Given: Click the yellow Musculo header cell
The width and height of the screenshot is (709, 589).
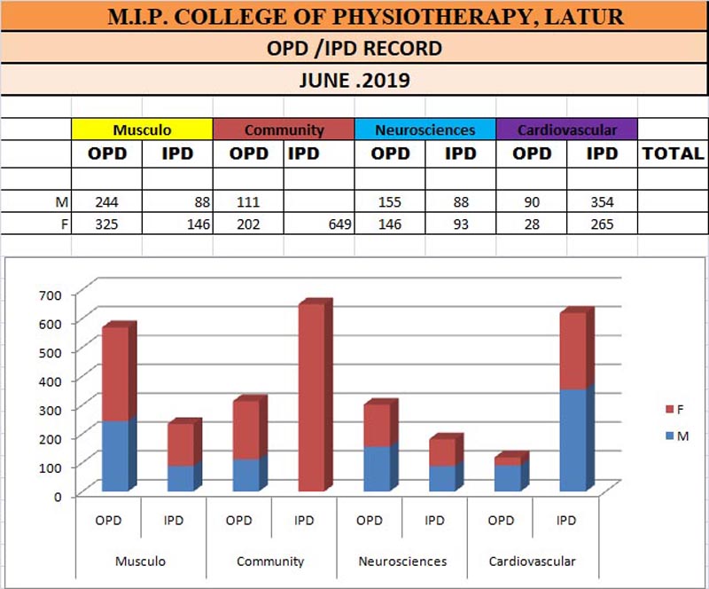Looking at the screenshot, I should (x=142, y=130).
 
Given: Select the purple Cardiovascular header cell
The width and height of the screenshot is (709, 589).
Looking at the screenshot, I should (x=566, y=130).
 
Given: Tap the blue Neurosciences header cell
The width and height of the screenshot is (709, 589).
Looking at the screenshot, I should (x=425, y=130).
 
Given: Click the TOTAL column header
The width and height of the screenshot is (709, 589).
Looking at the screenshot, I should (x=673, y=153).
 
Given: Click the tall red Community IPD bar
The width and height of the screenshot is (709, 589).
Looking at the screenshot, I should (x=312, y=399).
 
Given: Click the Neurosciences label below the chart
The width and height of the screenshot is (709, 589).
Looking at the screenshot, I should (x=402, y=562).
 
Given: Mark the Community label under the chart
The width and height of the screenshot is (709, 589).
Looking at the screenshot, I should (x=271, y=562).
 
